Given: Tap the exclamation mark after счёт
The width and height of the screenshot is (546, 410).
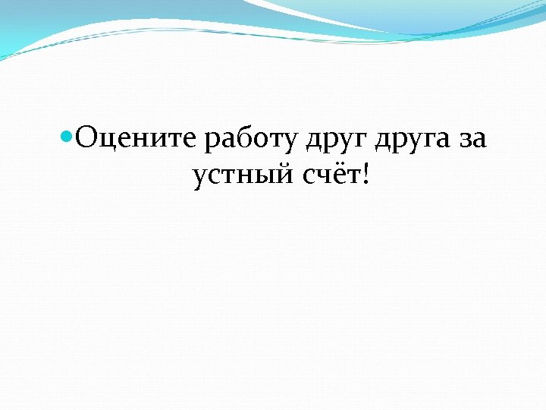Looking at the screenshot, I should (x=368, y=174).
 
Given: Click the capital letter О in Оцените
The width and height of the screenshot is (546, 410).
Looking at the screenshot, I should (x=86, y=139).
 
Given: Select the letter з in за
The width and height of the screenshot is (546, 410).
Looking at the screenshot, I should (x=464, y=141).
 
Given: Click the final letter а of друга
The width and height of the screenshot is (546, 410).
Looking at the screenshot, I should (x=441, y=141).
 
